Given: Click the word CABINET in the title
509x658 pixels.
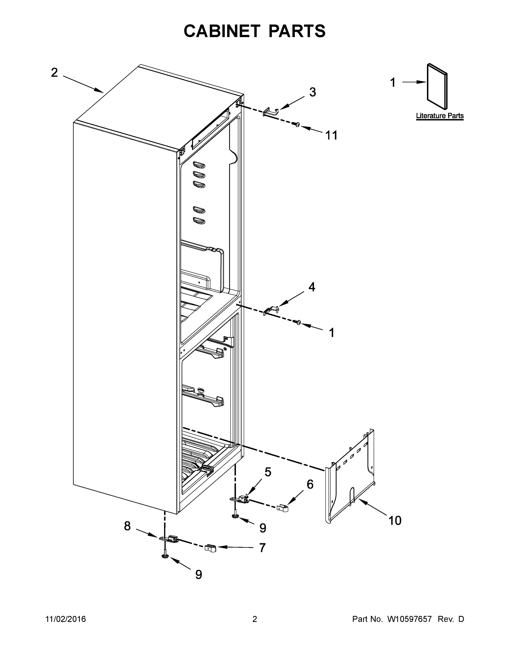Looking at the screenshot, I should tap(222, 31).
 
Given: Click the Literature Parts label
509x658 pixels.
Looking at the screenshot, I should tap(440, 116).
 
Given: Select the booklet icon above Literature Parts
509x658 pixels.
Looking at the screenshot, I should tap(437, 86).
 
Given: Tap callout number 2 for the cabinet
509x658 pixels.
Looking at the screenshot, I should tap(54, 73).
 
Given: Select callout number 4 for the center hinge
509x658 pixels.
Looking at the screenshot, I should tap(312, 287).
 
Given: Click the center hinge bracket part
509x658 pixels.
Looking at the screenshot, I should tap(271, 310).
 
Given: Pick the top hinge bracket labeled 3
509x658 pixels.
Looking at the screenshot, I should tap(271, 112).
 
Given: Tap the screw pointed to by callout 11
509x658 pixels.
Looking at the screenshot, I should tap(297, 124).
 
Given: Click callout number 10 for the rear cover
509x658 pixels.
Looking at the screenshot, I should tap(395, 520).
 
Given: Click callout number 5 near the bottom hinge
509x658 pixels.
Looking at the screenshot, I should tap(268, 472).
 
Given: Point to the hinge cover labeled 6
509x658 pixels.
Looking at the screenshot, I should tap(283, 508).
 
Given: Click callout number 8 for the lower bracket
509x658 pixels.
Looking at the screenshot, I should tap(127, 526).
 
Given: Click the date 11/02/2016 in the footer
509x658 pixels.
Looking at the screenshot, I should tap(66, 619).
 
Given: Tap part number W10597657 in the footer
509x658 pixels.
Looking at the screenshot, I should tap(409, 619).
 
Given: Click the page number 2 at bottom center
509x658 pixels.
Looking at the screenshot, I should tap(255, 619).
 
